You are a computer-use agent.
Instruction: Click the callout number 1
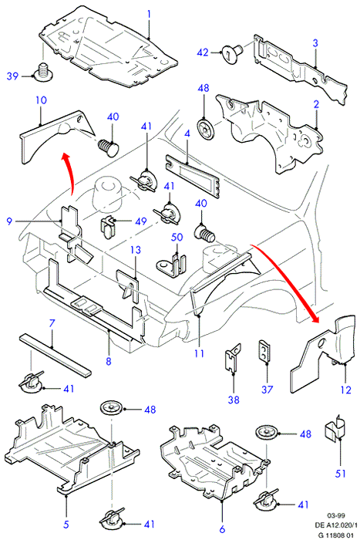coord(149,14)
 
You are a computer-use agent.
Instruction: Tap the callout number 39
coord(12,76)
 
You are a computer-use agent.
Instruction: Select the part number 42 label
coord(203,52)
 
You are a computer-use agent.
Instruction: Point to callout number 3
coord(315,43)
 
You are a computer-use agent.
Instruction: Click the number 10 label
coord(41,100)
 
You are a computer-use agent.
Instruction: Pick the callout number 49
coord(141,221)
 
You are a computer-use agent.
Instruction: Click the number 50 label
coord(177,238)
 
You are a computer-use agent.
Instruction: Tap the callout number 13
coord(136,250)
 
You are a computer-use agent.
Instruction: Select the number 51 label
coord(340,474)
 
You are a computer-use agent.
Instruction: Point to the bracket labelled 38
coord(233,357)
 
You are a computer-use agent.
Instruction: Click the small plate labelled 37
coord(264,350)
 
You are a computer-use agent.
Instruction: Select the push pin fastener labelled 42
coord(233,53)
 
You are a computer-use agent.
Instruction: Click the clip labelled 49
coord(108,226)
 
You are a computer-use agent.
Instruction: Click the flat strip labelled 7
coord(56,353)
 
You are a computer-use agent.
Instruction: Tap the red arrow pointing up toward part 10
coord(70,174)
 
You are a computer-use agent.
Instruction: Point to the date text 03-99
coord(335,515)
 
